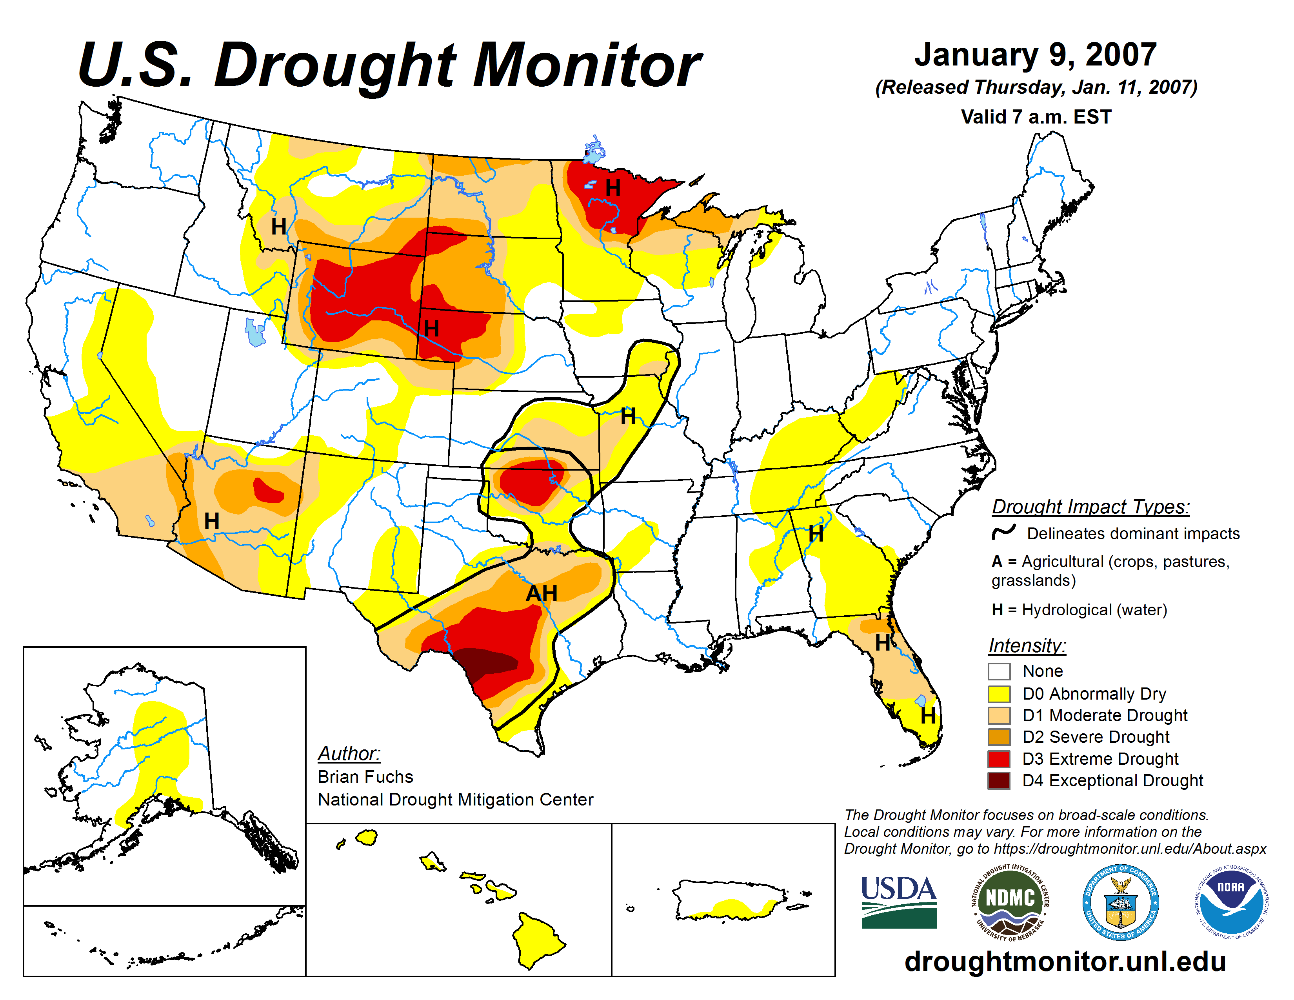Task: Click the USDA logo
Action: [x=898, y=902]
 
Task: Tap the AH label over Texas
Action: [x=542, y=593]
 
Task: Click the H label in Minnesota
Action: [x=612, y=188]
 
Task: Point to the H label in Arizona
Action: [x=211, y=521]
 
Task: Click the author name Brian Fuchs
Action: [x=365, y=776]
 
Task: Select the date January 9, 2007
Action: [x=1035, y=55]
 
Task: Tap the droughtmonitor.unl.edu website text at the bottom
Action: [x=1065, y=961]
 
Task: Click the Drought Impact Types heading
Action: [x=1090, y=507]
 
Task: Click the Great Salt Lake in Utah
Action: [x=255, y=333]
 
